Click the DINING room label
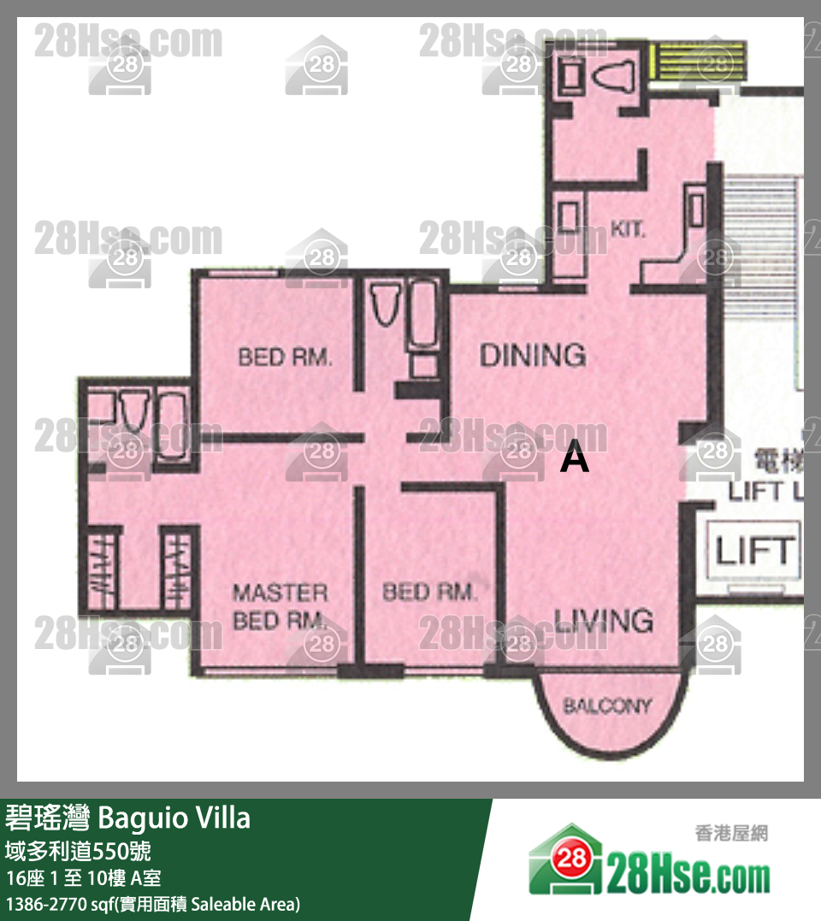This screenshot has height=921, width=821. (x=532, y=354)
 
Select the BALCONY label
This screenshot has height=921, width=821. (x=607, y=706)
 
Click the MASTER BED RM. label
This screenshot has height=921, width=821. (x=280, y=606)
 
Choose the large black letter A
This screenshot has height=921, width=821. (x=575, y=459)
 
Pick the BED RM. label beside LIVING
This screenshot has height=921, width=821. (x=428, y=592)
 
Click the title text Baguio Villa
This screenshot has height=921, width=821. (x=174, y=818)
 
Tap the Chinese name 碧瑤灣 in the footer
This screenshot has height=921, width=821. (x=49, y=818)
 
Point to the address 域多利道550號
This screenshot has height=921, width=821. (x=80, y=851)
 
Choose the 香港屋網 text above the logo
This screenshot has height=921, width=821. (x=731, y=834)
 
